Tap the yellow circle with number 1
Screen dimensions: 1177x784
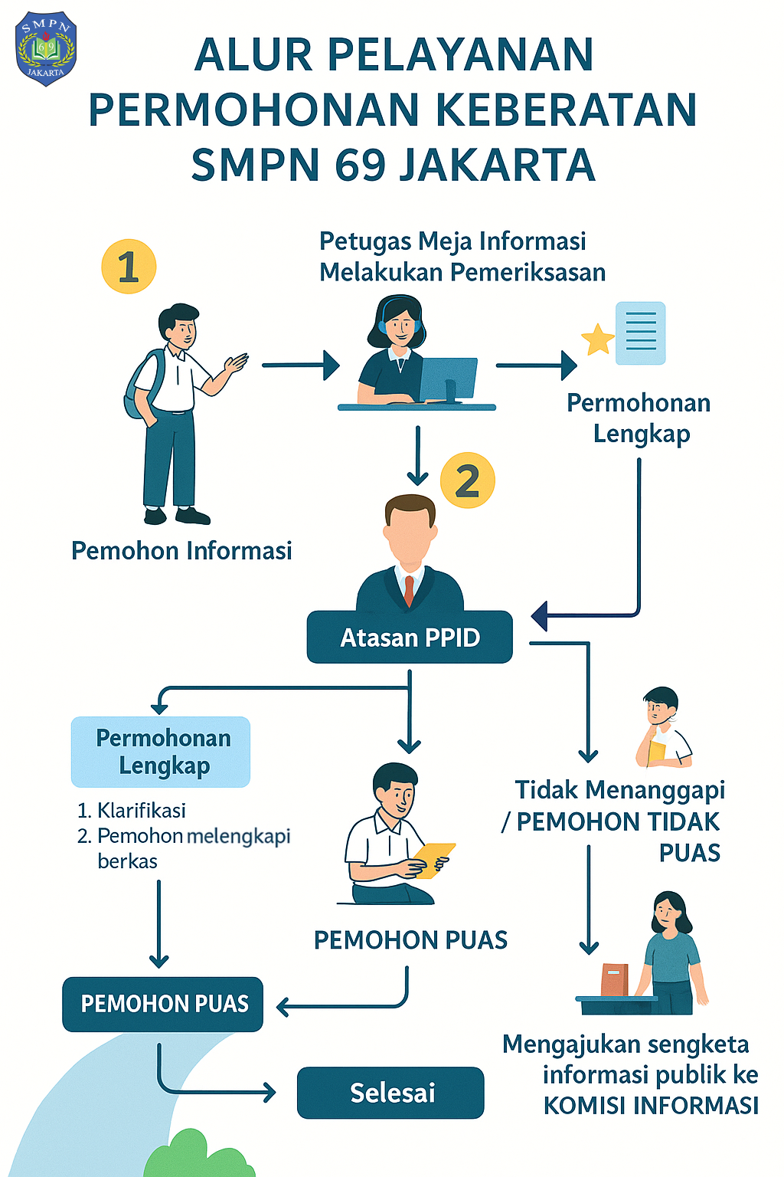129,267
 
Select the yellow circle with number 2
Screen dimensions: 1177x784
468,480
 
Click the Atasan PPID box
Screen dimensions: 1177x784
410,637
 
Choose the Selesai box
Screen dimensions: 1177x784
390,1092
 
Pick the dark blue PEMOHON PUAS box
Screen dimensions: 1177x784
163,1004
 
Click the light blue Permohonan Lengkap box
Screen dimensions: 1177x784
161,752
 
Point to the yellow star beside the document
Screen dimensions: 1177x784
598,339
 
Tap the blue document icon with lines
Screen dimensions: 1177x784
641,333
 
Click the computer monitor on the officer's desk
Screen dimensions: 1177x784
448,379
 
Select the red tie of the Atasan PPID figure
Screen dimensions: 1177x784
409,590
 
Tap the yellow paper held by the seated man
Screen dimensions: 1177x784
433,859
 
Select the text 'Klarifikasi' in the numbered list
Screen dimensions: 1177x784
142,810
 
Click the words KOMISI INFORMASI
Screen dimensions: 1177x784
651,1105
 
